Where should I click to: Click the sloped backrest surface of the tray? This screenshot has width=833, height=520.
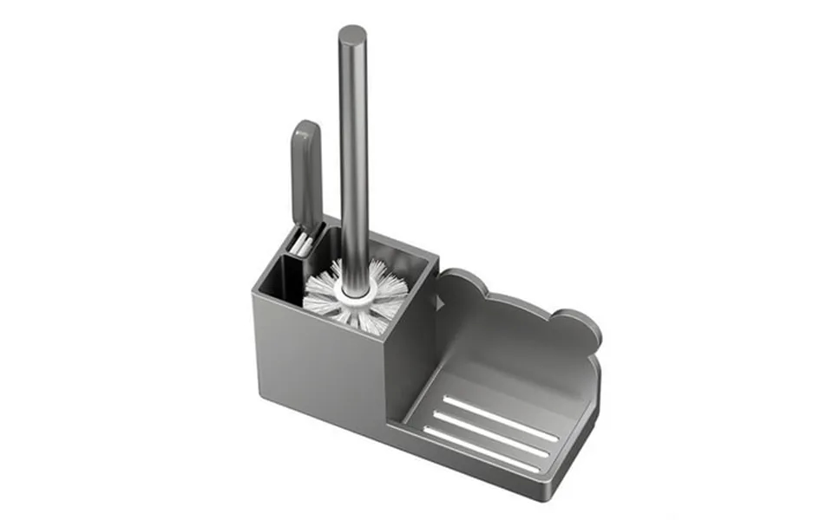[x=521, y=347]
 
